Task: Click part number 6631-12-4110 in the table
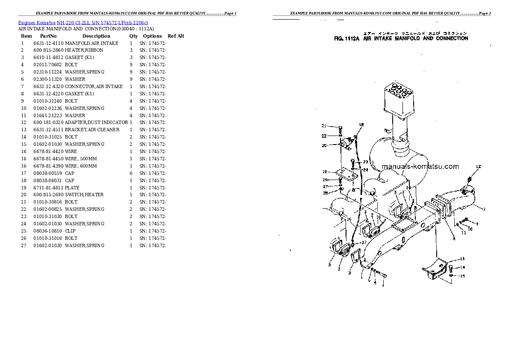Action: tap(48, 43)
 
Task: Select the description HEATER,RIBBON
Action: tap(84, 50)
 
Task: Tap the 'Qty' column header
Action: tap(133, 36)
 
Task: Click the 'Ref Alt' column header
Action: tap(176, 36)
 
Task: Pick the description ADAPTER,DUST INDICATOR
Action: tap(96, 123)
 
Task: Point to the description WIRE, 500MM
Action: tap(81, 159)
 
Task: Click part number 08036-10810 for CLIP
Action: tap(48, 231)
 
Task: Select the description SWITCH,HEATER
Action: tap(84, 195)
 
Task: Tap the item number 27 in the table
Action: tap(24, 245)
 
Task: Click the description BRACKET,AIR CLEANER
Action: tap(92, 130)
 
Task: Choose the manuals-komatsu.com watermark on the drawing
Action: tap(420, 167)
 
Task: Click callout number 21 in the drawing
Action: tap(324, 126)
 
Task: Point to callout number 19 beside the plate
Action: tap(325, 172)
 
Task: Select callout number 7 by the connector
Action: tap(483, 209)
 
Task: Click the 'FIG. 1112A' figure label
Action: tap(348, 38)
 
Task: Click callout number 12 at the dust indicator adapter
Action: tap(478, 166)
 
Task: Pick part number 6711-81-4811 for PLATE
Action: tap(48, 188)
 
